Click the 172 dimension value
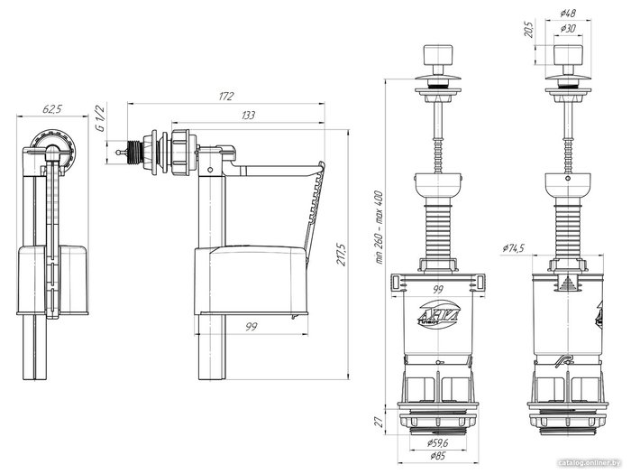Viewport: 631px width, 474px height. point(226,97)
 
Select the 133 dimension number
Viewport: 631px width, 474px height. point(248,116)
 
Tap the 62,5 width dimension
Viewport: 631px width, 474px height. point(52,109)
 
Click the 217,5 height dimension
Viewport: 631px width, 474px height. point(342,254)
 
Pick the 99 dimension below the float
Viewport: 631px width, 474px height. point(251,327)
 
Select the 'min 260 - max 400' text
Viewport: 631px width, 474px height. point(380,228)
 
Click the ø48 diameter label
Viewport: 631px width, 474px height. point(568,13)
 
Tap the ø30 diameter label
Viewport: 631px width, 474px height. point(568,28)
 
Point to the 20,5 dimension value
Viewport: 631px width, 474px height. point(529,30)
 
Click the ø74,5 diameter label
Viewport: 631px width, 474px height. point(514,248)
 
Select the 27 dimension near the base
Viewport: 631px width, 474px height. point(379,422)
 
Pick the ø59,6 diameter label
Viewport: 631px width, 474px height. point(437,443)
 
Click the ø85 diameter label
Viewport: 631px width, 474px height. point(437,456)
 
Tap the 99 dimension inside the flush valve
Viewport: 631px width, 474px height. point(437,290)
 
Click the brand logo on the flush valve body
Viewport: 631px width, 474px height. point(437,314)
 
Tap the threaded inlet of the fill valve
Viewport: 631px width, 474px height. point(133,153)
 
